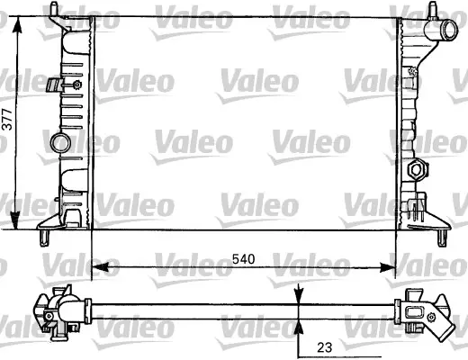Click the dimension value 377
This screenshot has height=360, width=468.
click(7, 119)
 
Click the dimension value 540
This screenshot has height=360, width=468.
click(244, 259)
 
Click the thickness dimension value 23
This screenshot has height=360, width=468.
click(325, 347)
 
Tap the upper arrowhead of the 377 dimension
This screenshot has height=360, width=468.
click(17, 24)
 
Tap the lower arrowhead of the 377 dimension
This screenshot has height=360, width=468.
click(15, 220)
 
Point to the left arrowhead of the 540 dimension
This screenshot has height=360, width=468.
click(100, 267)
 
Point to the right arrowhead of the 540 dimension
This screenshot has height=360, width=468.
click(387, 267)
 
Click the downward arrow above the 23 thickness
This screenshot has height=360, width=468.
click(299, 293)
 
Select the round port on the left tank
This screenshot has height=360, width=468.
click(60, 142)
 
